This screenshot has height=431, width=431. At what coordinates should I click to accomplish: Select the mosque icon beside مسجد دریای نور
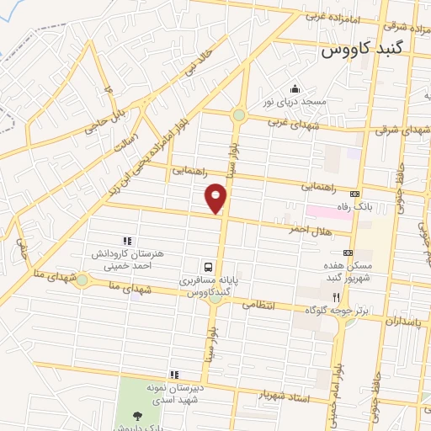295,88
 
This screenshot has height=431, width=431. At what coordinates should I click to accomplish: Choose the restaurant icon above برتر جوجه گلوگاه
335,296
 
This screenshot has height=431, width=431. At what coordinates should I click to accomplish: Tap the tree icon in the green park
136,416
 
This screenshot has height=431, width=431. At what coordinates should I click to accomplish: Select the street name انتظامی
259,305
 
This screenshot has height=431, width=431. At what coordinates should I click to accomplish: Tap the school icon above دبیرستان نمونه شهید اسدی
174,375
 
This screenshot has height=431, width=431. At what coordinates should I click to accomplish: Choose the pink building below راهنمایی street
329,210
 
